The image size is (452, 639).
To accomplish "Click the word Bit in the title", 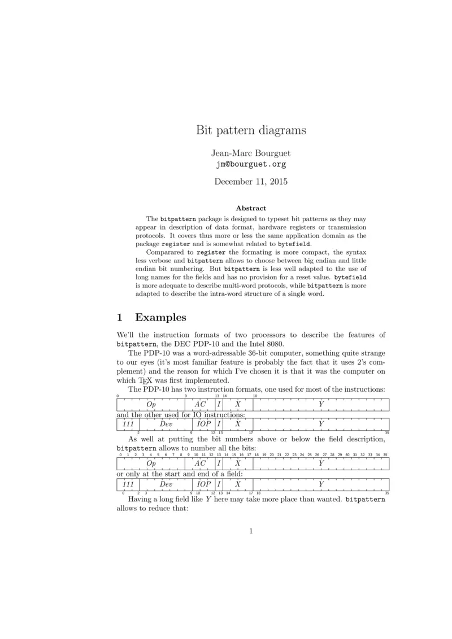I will click(x=204, y=130).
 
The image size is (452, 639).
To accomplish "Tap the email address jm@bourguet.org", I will click(x=251, y=165).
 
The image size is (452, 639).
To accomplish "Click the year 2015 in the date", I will click(x=277, y=182).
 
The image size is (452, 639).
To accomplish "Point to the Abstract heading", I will click(x=251, y=208).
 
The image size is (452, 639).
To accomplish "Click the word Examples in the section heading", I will click(x=161, y=317).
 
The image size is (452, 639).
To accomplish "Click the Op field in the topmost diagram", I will click(x=150, y=404).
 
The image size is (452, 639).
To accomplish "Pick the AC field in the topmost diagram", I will click(x=200, y=404).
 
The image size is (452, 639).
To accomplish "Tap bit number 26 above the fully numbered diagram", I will click(x=317, y=454).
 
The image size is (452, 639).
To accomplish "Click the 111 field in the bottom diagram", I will click(x=128, y=484).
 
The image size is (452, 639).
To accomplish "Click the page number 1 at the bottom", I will click(x=251, y=531).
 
